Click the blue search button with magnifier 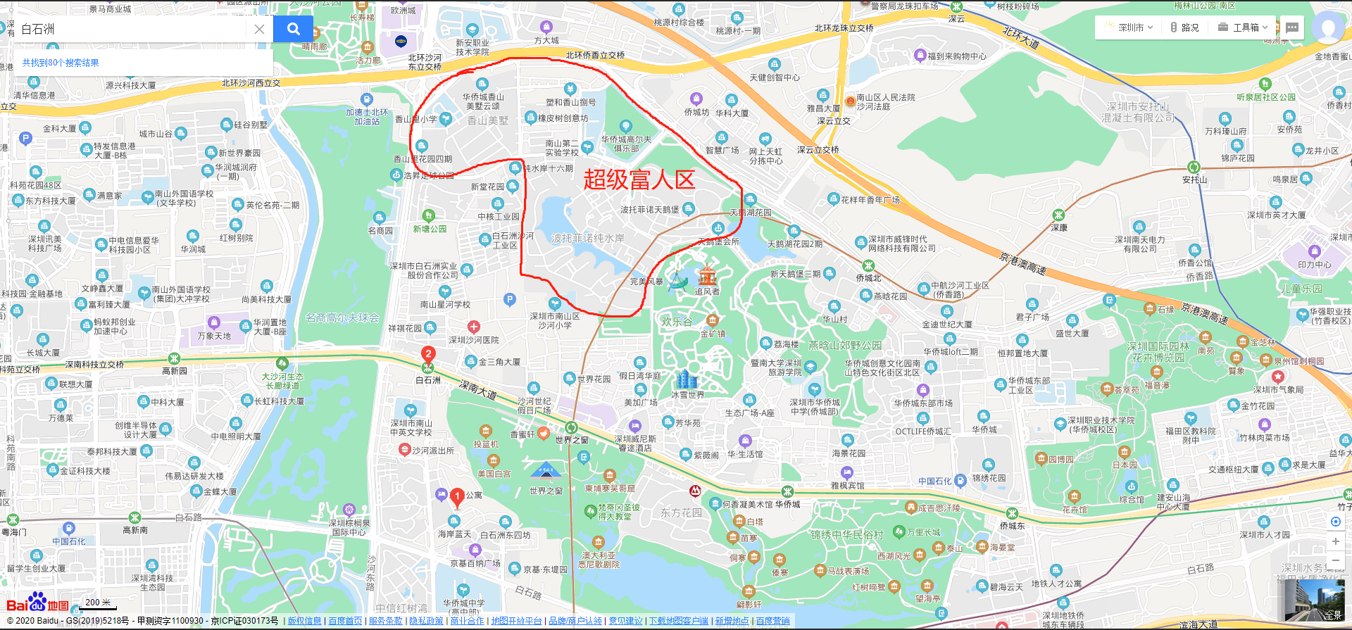coord(293,29)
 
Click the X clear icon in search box coord(259,29)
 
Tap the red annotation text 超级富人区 coord(639,179)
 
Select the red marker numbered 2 coord(428,354)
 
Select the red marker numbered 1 coord(457,496)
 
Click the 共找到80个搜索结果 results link coord(61,63)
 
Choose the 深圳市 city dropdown coord(1129,27)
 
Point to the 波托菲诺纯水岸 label coord(587,238)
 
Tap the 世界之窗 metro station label coord(572,439)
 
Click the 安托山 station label coord(1194,179)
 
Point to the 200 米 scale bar coord(98,603)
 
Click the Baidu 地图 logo coord(38,604)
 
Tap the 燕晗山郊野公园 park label coord(844,346)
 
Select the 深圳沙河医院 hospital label coord(474,340)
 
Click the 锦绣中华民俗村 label coord(846,535)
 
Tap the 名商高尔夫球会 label coord(342,317)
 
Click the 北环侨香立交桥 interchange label coord(595,55)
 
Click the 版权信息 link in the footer coord(304,621)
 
